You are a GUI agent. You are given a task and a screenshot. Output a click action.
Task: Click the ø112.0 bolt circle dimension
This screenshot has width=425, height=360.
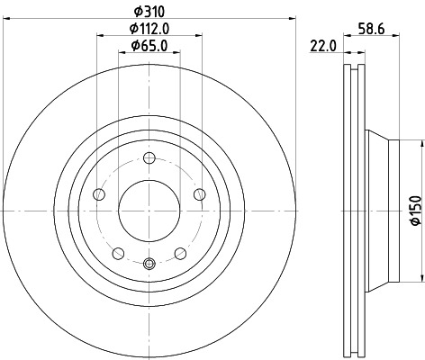click(150, 29)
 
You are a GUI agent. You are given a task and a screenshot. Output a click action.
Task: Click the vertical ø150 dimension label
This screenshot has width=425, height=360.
click(415, 210)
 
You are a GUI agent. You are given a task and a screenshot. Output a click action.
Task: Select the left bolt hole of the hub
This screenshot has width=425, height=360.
click(100, 193)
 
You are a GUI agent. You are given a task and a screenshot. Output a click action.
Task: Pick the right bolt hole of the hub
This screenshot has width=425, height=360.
click(199, 194)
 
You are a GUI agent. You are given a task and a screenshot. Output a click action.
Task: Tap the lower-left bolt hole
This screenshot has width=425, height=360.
click(119, 252)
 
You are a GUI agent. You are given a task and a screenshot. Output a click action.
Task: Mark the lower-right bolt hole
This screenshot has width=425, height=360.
click(180, 252)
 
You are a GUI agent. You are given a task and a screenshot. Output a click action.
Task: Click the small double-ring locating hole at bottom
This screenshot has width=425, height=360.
click(149, 264)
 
